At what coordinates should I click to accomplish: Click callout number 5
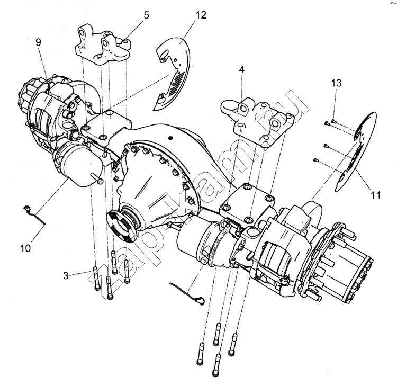[x=146, y=15]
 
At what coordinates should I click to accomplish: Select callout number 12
[x=201, y=15]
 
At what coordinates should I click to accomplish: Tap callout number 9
[x=38, y=42]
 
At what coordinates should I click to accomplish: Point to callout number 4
[x=242, y=70]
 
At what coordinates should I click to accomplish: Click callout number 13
[x=337, y=83]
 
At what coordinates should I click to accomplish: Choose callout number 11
[x=376, y=195]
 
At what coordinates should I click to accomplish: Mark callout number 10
[x=25, y=248]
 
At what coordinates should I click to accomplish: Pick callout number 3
[x=66, y=275]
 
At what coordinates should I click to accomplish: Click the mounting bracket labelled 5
[x=103, y=45]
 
